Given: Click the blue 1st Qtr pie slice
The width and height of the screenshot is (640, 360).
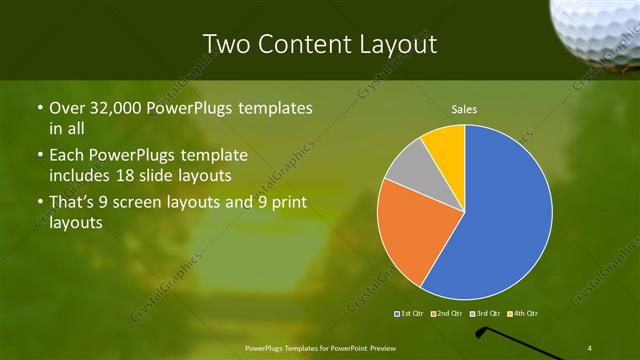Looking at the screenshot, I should pos(505,215).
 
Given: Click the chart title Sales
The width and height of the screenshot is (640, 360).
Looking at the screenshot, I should pos(464,108).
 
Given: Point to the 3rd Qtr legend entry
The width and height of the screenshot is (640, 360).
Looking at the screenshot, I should pos(485,314).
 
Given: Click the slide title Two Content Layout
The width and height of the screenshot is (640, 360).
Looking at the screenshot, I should pos(320,44).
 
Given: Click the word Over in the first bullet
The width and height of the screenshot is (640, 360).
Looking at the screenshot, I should pos(66,108).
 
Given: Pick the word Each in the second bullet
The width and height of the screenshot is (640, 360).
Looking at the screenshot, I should pos(66,155).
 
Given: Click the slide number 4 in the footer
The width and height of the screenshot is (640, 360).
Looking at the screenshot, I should pos(590,347).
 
